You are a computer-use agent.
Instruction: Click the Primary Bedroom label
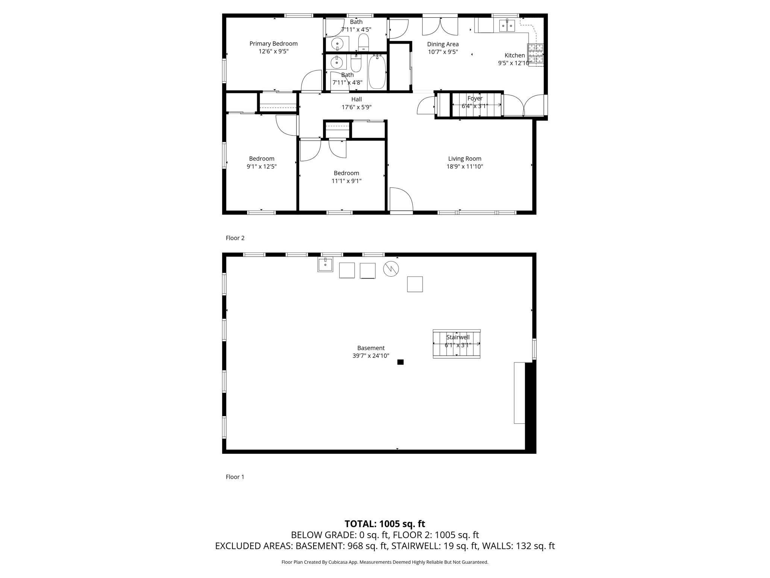273,44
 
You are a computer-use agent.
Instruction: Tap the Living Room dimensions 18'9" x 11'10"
465,166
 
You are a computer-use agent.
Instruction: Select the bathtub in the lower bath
377,72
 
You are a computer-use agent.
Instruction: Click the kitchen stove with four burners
535,55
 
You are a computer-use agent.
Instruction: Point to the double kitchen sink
507,26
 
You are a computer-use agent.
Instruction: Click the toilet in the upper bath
364,42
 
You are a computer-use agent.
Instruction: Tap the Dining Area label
443,44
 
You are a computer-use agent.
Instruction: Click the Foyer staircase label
475,98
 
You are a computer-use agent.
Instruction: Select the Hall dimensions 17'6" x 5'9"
356,107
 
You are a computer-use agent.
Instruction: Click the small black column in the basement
400,362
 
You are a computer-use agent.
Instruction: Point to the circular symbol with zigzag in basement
391,269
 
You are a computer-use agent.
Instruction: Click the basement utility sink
325,265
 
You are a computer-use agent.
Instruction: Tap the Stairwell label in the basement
458,337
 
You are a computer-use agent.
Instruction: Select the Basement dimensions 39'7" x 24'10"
371,356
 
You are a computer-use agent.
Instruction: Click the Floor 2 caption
235,238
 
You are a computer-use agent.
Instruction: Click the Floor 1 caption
235,477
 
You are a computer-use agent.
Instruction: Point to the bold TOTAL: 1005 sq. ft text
385,524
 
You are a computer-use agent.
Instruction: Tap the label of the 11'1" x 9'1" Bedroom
346,173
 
